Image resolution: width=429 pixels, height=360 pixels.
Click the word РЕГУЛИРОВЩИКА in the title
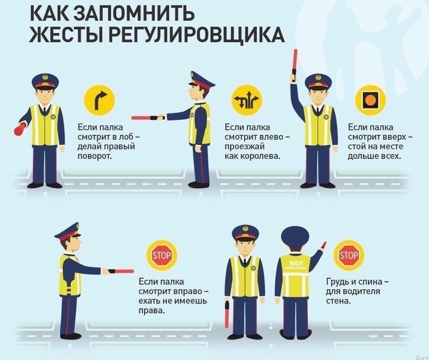point(195,35)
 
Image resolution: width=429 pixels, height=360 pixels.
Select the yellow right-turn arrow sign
point(99,101)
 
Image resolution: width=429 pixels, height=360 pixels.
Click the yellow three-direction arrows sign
point(247,100)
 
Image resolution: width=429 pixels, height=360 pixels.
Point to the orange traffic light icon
point(370,100)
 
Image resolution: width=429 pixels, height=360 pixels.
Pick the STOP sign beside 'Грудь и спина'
point(349,255)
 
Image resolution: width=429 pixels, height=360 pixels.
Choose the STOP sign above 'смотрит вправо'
point(162,255)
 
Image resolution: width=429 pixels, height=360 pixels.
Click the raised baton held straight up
point(295,66)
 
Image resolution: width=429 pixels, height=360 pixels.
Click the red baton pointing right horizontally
point(121,271)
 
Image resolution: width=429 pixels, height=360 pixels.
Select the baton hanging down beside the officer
point(226,314)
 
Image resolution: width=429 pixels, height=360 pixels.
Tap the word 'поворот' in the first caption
point(95,156)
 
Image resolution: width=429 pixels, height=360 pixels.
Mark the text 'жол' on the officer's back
point(296,263)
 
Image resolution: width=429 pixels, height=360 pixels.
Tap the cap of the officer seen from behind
point(295,236)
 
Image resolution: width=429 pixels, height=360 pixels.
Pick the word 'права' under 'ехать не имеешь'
point(152,311)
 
